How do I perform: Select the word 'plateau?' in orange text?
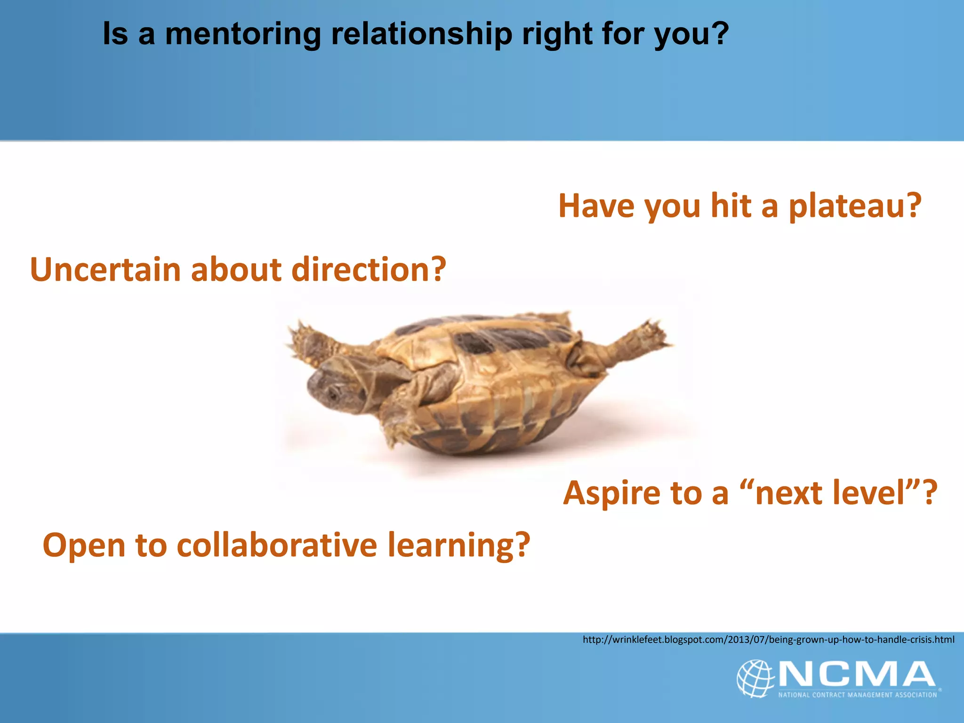(x=855, y=206)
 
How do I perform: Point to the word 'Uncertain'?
(x=105, y=270)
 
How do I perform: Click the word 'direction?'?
(x=369, y=270)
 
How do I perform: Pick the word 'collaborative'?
(x=277, y=545)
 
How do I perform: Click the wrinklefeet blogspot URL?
(x=768, y=640)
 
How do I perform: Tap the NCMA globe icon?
(x=755, y=678)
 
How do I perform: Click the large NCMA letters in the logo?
(x=857, y=674)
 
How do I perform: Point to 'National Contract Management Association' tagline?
(x=857, y=695)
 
